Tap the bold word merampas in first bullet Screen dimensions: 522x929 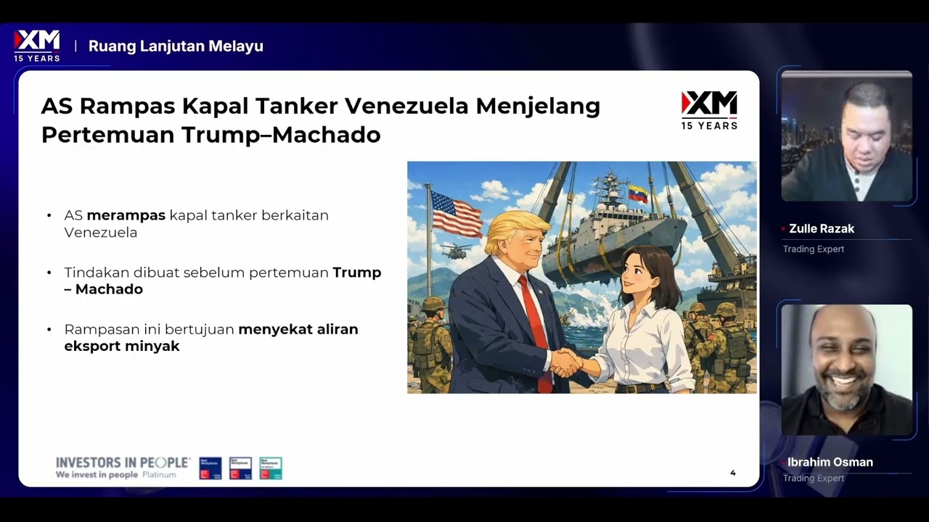[127, 215]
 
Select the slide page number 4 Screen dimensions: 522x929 [732, 473]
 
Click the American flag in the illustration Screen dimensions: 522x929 [456, 213]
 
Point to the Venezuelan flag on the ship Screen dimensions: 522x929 [638, 194]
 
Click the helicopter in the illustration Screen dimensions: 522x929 [456, 251]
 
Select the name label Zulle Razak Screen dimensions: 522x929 [821, 228]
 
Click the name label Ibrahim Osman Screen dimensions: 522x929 [830, 462]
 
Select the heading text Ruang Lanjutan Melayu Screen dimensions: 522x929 [176, 46]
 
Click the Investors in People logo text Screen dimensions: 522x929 [123, 463]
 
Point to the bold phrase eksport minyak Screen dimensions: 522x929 [122, 346]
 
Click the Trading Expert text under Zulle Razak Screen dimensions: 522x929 [813, 249]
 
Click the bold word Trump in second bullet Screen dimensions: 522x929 [356, 273]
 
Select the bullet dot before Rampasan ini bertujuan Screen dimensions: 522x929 [49, 330]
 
